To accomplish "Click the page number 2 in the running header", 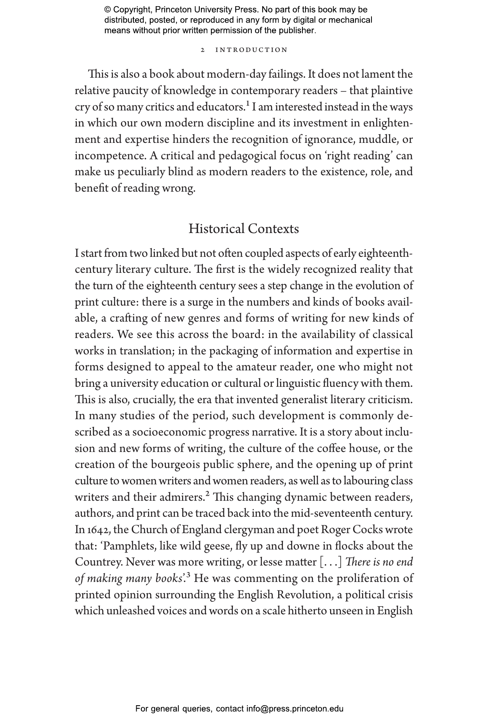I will [x=203, y=50].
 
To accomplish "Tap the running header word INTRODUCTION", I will [x=251, y=50].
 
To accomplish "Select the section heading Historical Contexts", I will [x=243, y=229].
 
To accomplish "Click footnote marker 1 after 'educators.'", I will [x=247, y=104].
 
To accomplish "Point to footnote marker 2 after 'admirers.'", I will [x=208, y=494].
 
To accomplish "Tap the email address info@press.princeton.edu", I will [x=295, y=708].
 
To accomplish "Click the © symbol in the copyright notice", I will [x=108, y=10].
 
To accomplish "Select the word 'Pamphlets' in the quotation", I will [x=129, y=546].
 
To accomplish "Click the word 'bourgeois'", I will [x=175, y=465].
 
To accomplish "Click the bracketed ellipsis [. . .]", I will [x=331, y=562].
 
